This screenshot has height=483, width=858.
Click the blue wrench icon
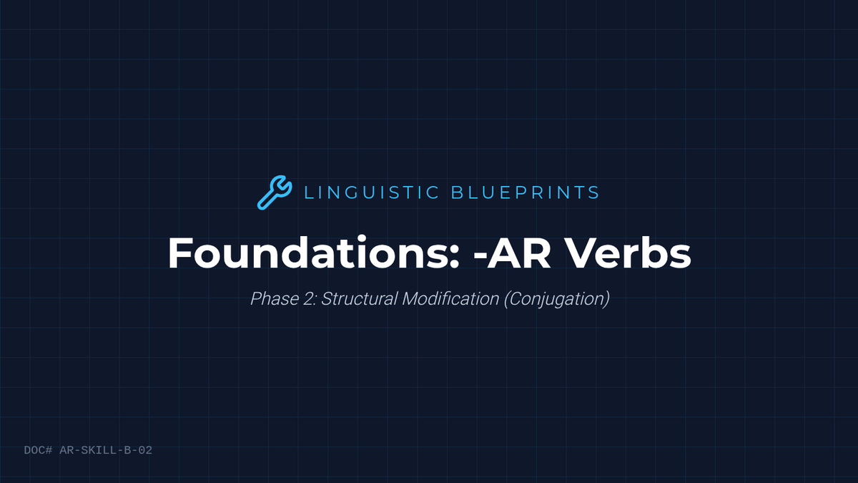(275, 192)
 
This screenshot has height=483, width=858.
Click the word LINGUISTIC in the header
(372, 192)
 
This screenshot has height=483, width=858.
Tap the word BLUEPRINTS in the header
(525, 192)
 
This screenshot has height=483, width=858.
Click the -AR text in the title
(512, 253)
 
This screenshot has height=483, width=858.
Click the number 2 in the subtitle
(308, 298)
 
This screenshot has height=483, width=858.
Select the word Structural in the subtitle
(359, 298)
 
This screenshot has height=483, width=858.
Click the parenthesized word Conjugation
(556, 299)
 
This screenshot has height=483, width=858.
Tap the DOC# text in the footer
(38, 450)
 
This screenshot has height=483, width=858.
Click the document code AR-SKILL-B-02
(106, 450)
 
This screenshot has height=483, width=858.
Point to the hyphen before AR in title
(480, 256)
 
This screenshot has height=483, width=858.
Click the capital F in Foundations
(179, 253)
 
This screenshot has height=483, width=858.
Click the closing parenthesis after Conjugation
(607, 299)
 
